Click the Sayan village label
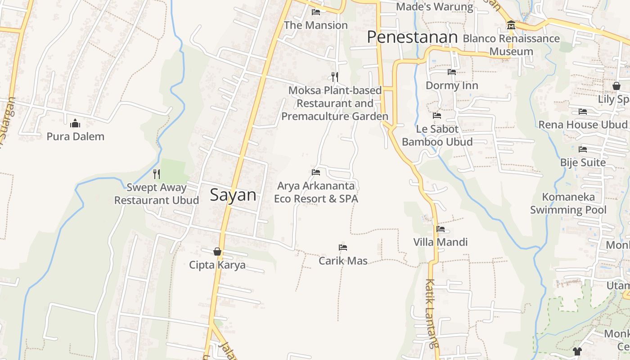pyautogui.click(x=233, y=195)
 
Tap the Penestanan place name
pyautogui.click(x=412, y=37)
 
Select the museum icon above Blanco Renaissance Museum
pyautogui.click(x=511, y=25)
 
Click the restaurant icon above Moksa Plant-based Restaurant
pyautogui.click(x=334, y=76)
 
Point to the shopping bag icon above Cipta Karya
pyautogui.click(x=217, y=252)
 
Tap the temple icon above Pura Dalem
pyautogui.click(x=75, y=123)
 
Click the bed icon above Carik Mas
pyautogui.click(x=343, y=247)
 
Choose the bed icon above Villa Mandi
pyautogui.click(x=441, y=229)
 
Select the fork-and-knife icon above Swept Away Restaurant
pyautogui.click(x=157, y=173)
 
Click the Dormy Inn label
pyautogui.click(x=451, y=85)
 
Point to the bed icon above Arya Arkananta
pyautogui.click(x=316, y=172)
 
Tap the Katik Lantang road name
pyautogui.click(x=432, y=314)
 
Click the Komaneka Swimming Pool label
pyautogui.click(x=568, y=203)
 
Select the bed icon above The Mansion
pyautogui.click(x=316, y=12)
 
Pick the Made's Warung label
pyautogui.click(x=434, y=7)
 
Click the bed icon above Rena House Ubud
pyautogui.click(x=583, y=112)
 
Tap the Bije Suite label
pyautogui.click(x=583, y=162)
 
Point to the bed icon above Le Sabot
pyautogui.click(x=437, y=116)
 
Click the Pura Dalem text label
pyautogui.click(x=75, y=136)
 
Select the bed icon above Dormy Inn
pyautogui.click(x=452, y=72)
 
